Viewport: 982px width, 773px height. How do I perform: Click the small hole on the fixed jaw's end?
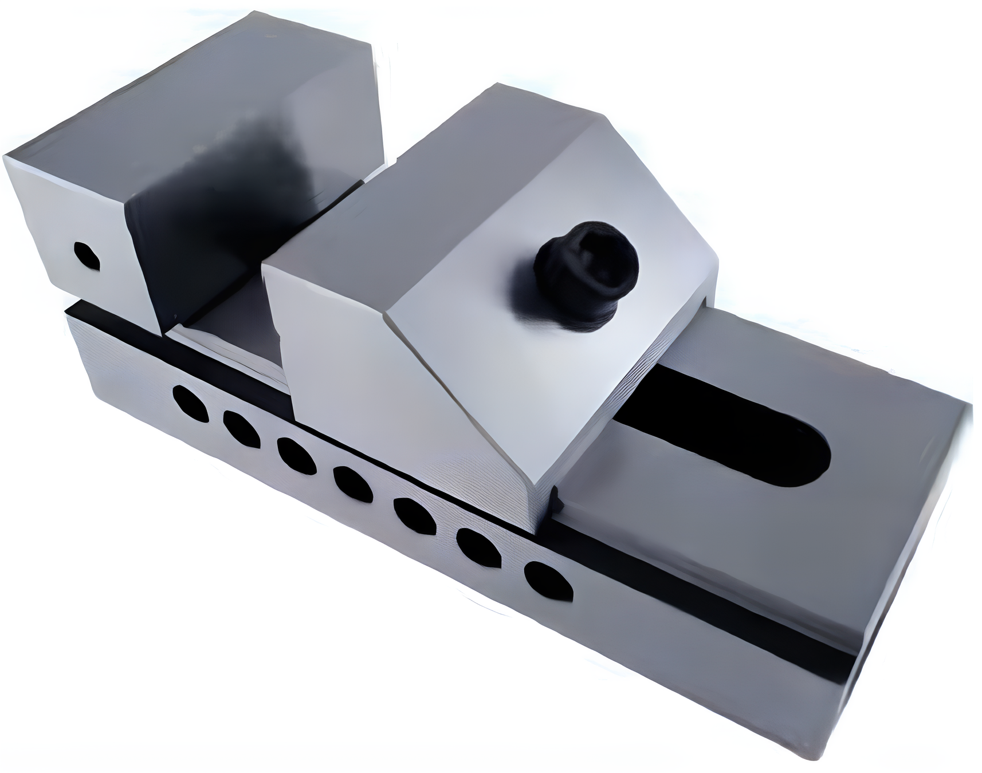(87, 257)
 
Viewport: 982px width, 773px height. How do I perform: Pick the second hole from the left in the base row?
(241, 428)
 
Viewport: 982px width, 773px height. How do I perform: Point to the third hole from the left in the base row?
(296, 456)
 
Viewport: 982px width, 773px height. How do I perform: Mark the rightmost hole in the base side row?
(548, 581)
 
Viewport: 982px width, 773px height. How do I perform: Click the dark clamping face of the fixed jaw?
(229, 240)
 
